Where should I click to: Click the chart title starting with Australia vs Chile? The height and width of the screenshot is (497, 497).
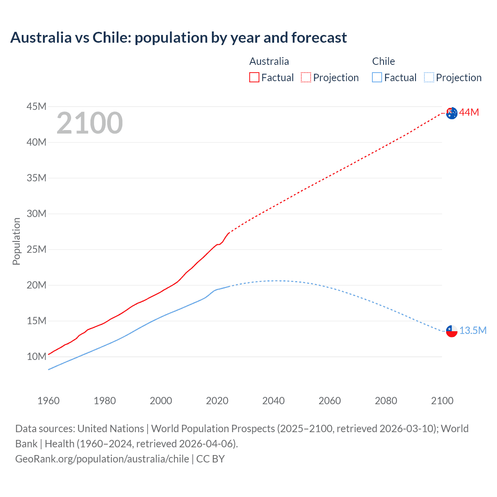(x=179, y=38)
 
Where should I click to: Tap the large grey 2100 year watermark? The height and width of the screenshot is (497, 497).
(x=90, y=123)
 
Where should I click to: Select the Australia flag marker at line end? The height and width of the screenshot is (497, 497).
(x=452, y=113)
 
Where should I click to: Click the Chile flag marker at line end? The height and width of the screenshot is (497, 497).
(x=452, y=331)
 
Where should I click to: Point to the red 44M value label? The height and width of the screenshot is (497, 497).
(x=469, y=113)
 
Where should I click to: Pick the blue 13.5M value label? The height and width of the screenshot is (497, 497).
(x=473, y=330)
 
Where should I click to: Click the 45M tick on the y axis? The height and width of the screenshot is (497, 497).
(x=36, y=106)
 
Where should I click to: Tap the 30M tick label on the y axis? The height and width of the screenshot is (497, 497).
(x=36, y=214)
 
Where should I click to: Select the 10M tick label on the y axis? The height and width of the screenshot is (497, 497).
(x=36, y=356)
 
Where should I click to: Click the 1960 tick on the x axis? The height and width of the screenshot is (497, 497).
(x=49, y=401)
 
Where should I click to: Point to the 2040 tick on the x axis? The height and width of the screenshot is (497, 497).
(x=273, y=401)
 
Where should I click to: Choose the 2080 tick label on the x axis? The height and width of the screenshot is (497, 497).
(x=386, y=401)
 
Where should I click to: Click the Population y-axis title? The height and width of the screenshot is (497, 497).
(x=16, y=241)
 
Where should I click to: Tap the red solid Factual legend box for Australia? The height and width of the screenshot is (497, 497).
(x=254, y=77)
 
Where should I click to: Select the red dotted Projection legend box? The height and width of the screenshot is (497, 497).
(x=306, y=77)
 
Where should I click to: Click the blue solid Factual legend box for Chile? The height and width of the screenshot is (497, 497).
(x=377, y=77)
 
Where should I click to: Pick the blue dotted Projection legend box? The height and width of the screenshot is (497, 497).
(x=429, y=77)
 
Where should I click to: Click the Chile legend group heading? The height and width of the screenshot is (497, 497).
(x=383, y=61)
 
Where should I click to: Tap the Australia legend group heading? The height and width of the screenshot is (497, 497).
(x=269, y=61)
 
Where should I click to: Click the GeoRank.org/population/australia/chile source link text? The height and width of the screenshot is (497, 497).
(x=102, y=459)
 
